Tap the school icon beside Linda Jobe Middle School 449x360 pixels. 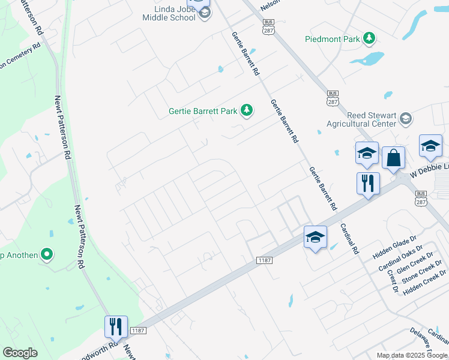[x=205, y=13]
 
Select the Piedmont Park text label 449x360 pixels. [x=332, y=40]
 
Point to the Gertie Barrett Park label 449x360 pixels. [x=203, y=111]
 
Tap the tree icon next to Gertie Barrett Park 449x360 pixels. [x=246, y=110]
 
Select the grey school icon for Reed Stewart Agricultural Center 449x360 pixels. [x=406, y=118]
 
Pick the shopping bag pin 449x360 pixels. [x=393, y=158]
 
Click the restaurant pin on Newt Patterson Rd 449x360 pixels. [x=116, y=326]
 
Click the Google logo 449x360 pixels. [x=20, y=353]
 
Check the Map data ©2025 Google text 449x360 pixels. [x=412, y=355]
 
